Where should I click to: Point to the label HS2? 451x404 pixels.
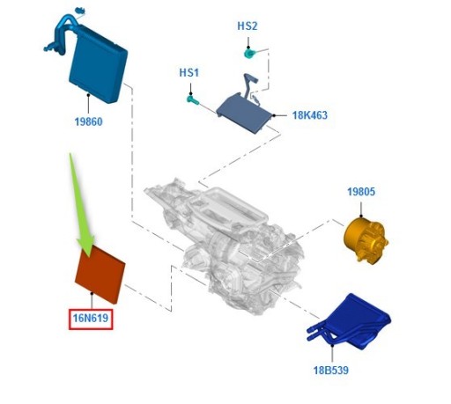(x=248, y=26)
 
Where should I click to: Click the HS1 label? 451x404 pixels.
(x=189, y=72)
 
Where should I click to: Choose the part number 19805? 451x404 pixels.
(x=360, y=190)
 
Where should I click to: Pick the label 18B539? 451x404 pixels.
(x=330, y=371)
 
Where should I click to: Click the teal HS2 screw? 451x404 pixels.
(x=249, y=53)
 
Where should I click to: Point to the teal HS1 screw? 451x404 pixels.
(x=191, y=99)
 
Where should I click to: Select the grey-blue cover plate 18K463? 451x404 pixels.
(x=247, y=111)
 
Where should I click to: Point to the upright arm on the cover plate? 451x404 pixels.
(x=249, y=83)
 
